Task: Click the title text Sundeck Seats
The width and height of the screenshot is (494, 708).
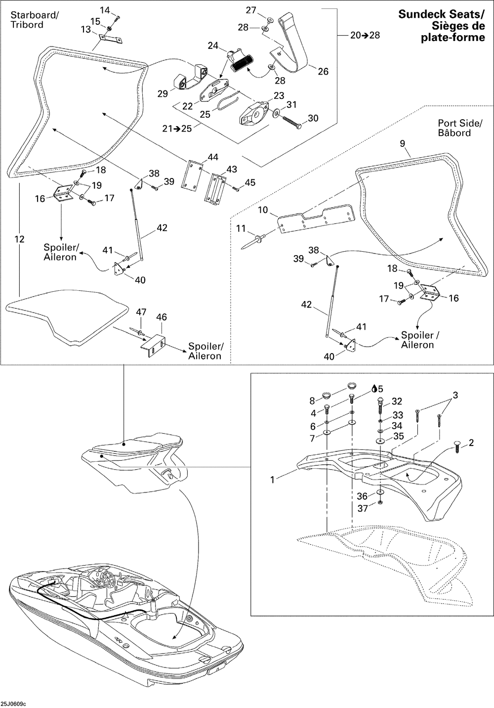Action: tap(441, 14)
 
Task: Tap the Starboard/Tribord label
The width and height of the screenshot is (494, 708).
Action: tap(35, 20)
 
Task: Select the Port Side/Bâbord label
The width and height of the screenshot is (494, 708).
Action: tap(460, 128)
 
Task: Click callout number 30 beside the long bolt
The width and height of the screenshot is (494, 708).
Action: tap(313, 118)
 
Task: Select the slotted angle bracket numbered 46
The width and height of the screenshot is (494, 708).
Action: tap(153, 346)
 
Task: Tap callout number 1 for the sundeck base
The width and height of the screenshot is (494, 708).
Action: tap(273, 480)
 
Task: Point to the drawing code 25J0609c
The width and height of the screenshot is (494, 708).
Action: tap(13, 704)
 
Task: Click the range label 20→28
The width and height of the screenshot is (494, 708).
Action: tap(365, 35)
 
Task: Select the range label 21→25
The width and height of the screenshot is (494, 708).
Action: tap(177, 129)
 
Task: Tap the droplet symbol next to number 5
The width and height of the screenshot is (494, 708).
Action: tap(374, 388)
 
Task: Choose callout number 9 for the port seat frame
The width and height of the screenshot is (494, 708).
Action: tap(402, 143)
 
